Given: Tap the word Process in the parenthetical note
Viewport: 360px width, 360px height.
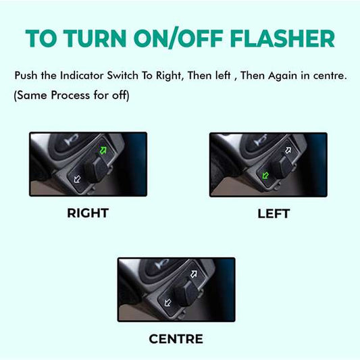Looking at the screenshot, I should tap(76, 95).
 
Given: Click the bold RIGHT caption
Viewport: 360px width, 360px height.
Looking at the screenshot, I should tap(88, 213).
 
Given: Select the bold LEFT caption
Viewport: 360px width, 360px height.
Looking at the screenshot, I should tap(274, 213).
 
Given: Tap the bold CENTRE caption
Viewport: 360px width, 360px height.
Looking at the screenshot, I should tap(176, 338).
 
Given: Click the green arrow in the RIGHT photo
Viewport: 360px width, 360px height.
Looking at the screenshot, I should tap(103, 149).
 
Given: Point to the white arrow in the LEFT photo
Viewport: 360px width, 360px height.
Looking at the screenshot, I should tap(287, 149).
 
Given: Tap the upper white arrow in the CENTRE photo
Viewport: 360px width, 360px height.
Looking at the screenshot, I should tap(195, 274).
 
